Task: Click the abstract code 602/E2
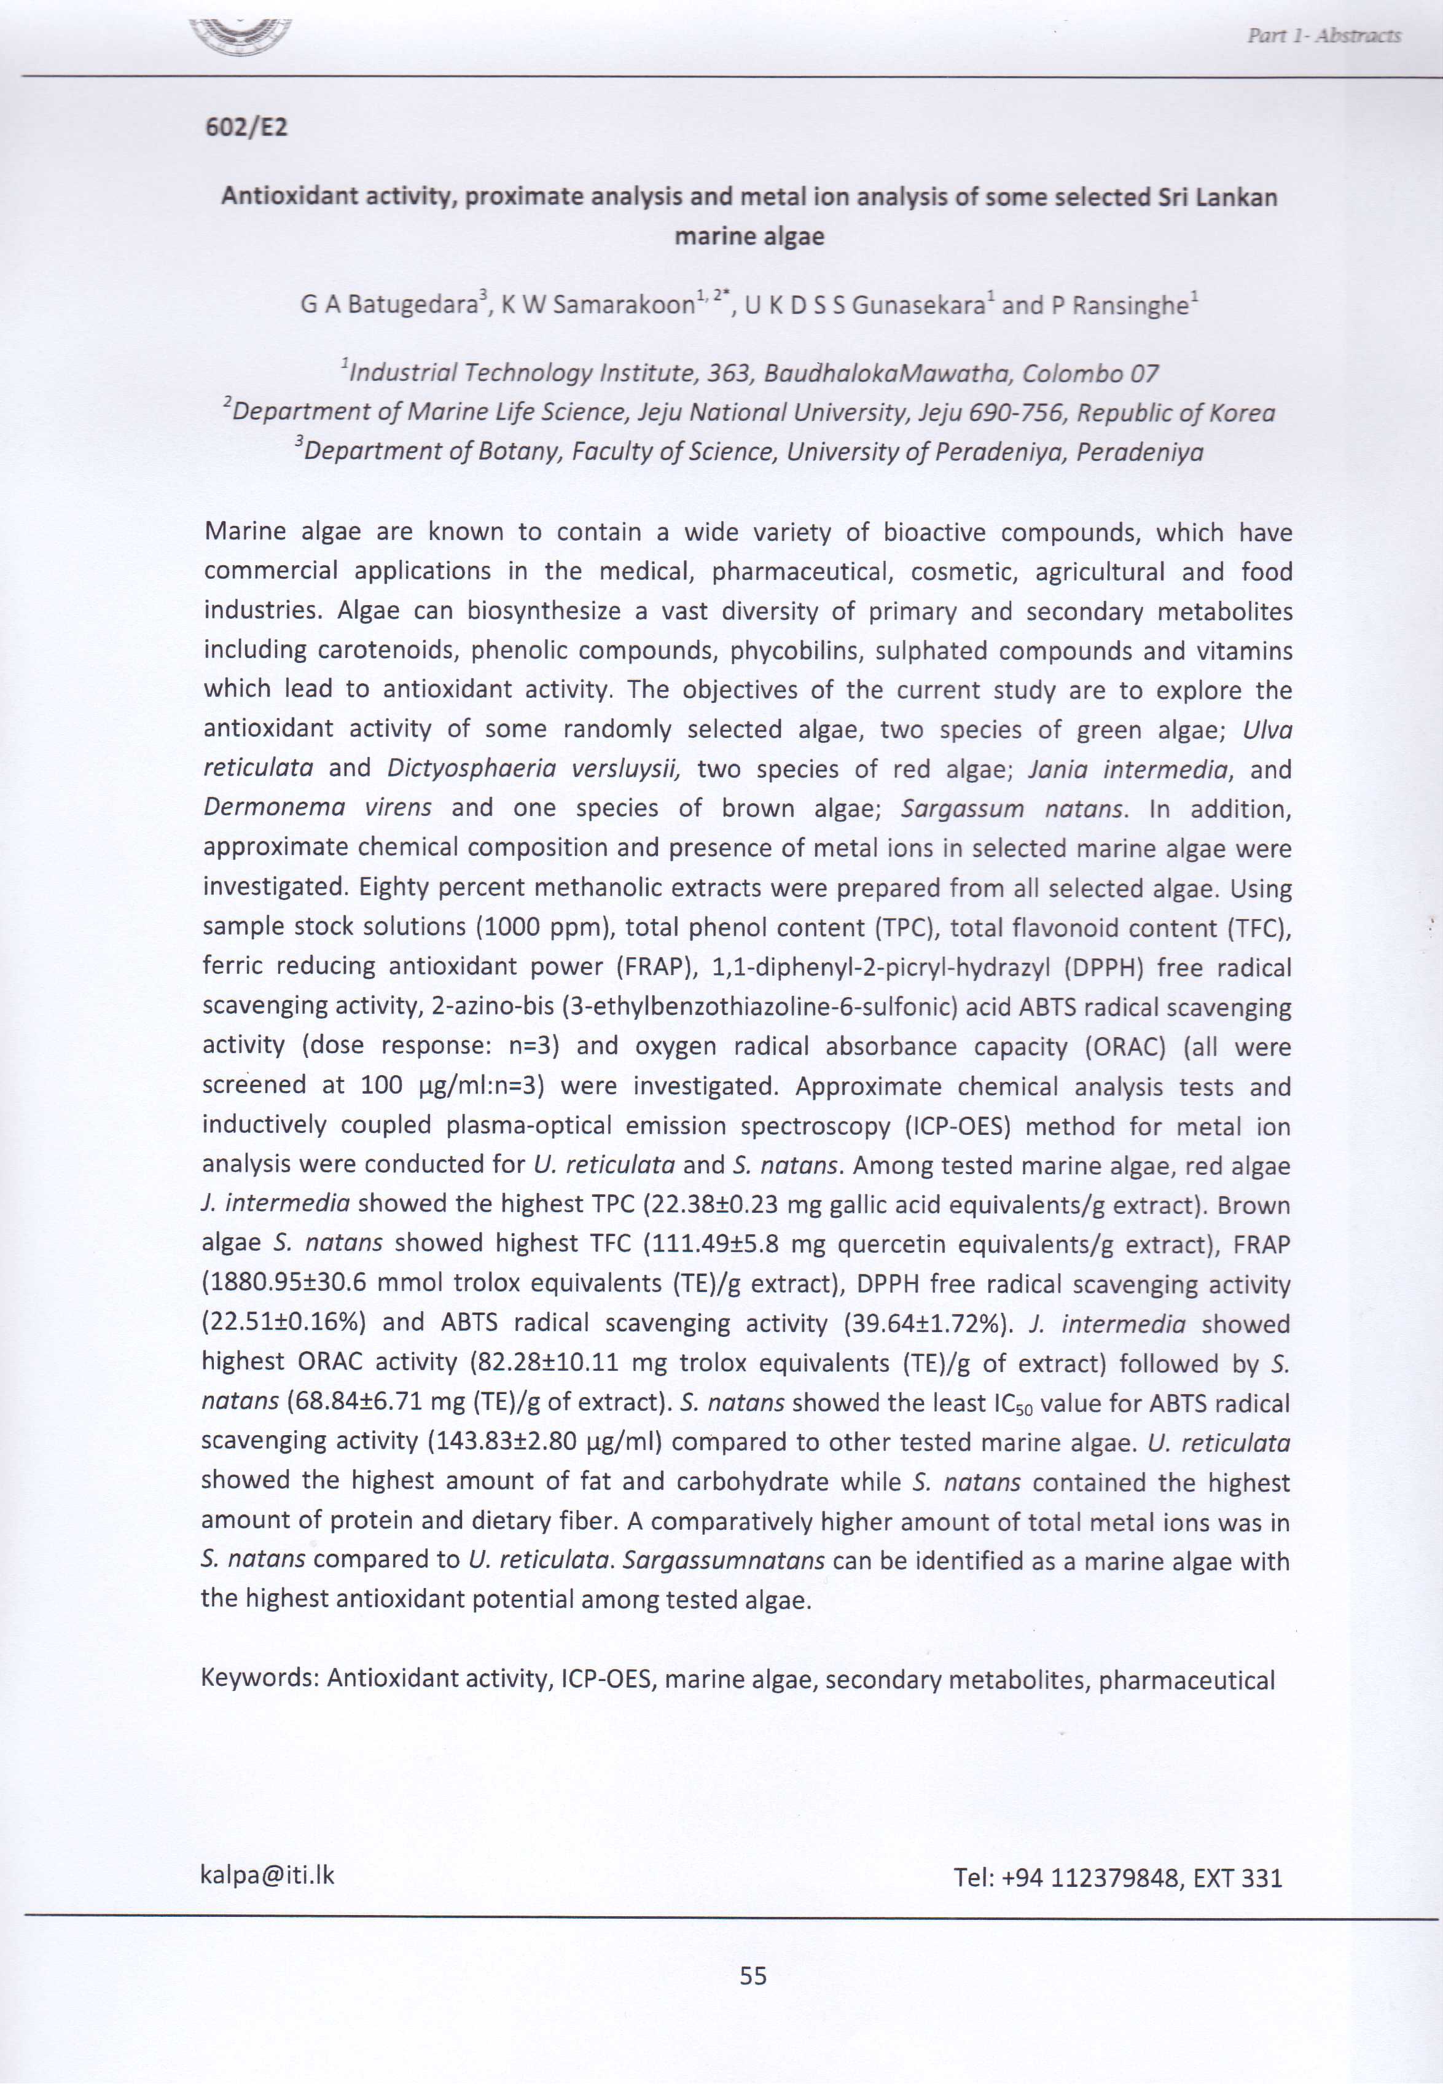[x=246, y=127]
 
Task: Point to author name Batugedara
[x=412, y=305]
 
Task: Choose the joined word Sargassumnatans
[x=723, y=1561]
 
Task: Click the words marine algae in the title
[x=749, y=237]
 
